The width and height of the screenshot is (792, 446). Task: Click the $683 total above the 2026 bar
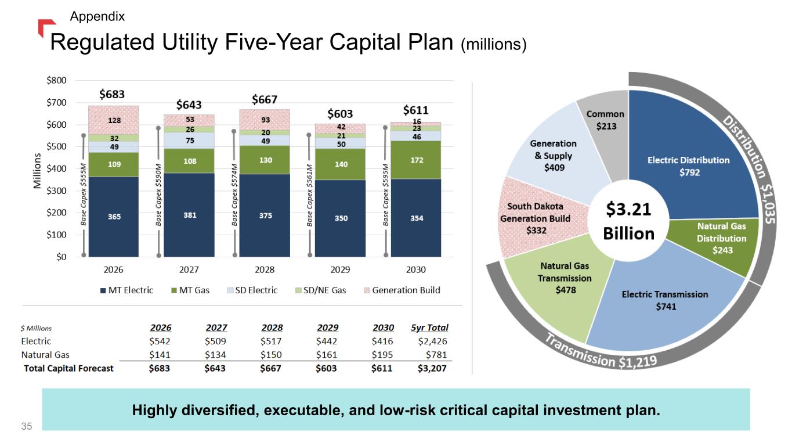(112, 95)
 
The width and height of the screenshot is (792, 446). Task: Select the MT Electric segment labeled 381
(189, 215)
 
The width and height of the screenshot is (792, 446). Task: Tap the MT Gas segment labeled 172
(416, 160)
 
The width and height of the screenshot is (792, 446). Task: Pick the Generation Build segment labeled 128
(114, 120)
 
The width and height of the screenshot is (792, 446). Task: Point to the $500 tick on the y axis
(56, 146)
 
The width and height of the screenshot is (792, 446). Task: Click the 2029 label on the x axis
(340, 269)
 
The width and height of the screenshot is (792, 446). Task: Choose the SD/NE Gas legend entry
(321, 290)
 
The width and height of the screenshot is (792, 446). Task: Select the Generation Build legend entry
(402, 290)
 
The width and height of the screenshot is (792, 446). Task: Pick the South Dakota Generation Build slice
(537, 218)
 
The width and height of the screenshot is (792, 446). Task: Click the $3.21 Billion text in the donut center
(628, 221)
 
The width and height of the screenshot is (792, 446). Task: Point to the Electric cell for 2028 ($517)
(271, 341)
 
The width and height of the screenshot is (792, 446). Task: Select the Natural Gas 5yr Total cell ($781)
(436, 355)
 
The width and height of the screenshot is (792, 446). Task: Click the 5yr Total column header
(429, 328)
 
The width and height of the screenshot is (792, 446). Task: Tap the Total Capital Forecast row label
(68, 369)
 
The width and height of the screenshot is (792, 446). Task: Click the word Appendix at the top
(97, 16)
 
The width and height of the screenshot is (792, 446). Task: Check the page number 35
(27, 426)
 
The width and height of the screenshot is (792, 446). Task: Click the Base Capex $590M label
(158, 195)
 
